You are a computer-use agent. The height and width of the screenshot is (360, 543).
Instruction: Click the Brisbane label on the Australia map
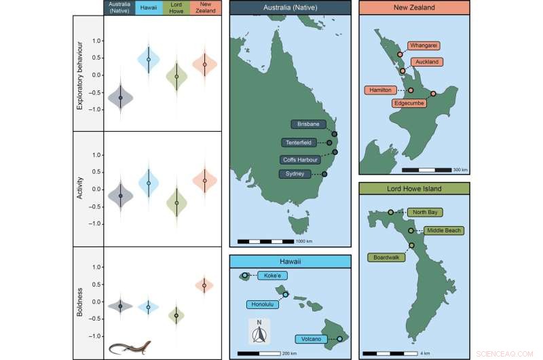pos(308,124)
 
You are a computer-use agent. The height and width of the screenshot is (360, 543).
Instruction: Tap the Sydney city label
pos(295,175)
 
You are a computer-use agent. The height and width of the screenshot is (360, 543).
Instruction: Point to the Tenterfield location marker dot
pos(329,143)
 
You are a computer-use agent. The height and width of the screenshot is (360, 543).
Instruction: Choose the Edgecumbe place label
pos(410,103)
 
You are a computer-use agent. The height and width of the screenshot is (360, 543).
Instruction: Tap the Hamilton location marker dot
pos(411,90)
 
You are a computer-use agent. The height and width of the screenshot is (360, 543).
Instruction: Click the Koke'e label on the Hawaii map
pos(268,276)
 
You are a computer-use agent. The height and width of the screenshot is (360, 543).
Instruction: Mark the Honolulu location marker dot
pos(286,294)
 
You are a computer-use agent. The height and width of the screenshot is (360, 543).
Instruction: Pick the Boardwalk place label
pos(385,257)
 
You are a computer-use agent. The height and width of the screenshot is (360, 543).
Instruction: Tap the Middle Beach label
pos(443,231)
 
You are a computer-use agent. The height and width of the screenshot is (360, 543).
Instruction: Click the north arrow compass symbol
pos(259,333)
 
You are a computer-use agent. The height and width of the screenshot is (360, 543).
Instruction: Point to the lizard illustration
pos(130,348)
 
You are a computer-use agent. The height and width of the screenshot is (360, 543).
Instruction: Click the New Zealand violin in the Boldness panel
pos(204,285)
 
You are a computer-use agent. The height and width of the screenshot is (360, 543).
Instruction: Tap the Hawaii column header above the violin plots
pos(149,7)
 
